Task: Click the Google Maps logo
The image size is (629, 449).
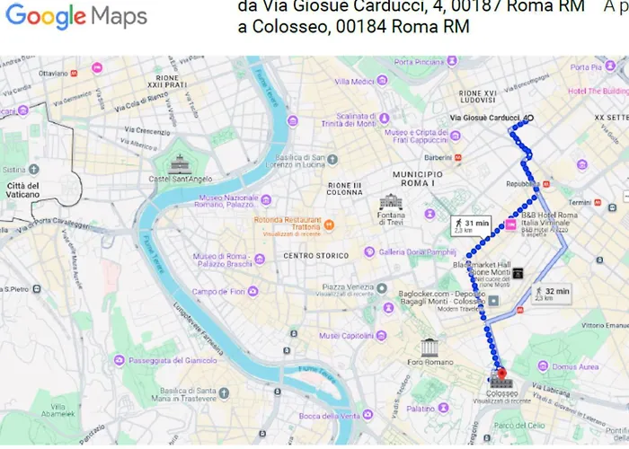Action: point(76,16)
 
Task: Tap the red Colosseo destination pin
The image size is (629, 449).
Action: point(501,374)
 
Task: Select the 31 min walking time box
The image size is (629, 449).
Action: point(471,225)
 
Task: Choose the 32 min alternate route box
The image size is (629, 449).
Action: point(552,293)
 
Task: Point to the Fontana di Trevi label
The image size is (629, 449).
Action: point(392,218)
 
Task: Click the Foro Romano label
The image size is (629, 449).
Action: point(429,363)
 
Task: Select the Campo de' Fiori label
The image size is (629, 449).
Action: point(218,291)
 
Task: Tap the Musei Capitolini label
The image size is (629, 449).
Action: point(347,336)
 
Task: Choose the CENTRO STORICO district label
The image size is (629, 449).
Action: point(314,256)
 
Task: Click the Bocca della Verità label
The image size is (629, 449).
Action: point(329,416)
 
